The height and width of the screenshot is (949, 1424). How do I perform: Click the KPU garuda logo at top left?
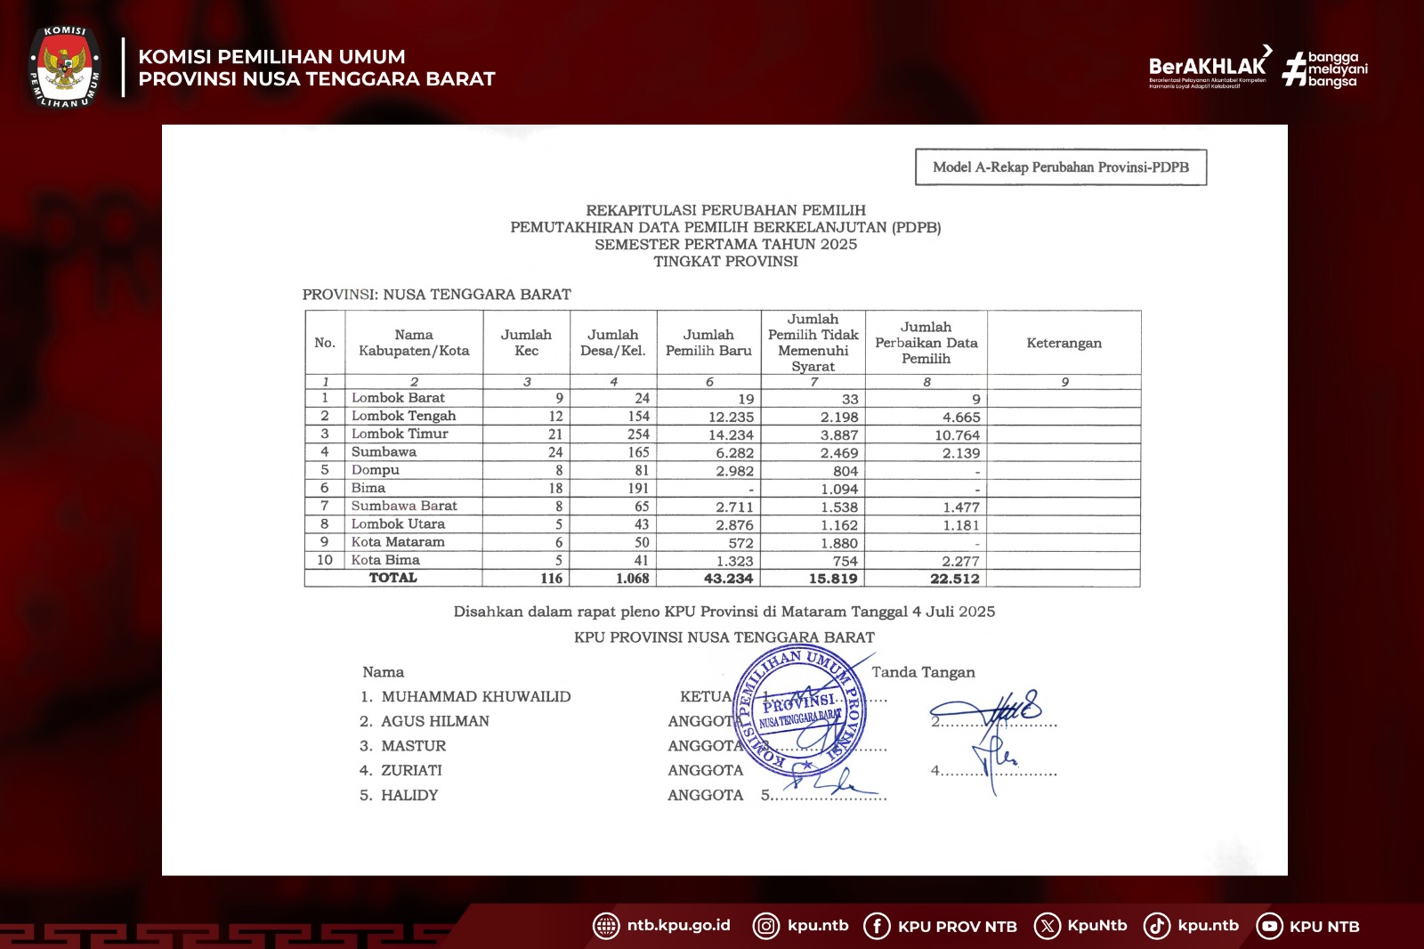(64, 67)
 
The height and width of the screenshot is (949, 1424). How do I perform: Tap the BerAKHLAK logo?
(1208, 67)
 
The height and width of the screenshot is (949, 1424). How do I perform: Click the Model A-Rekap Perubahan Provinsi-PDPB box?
(1060, 167)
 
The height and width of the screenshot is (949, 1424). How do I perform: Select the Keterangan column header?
(1064, 343)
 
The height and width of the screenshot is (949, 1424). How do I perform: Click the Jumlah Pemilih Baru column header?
(708, 343)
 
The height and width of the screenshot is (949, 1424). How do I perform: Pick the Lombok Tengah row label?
(403, 416)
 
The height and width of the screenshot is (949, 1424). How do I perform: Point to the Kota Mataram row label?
(398, 542)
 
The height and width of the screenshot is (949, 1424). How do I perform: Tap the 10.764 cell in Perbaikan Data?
(957, 435)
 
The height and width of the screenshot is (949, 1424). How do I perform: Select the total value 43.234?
(728, 579)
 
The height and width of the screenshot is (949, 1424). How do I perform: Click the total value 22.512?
(954, 579)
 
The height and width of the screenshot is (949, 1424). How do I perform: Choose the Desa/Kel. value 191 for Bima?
(638, 489)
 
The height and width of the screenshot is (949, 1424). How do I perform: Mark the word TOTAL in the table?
(392, 578)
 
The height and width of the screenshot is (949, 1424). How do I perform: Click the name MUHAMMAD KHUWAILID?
(476, 697)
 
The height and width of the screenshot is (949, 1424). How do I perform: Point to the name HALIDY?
(409, 796)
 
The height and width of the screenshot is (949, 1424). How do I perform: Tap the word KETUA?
(705, 697)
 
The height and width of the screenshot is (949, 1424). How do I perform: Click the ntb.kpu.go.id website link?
(678, 926)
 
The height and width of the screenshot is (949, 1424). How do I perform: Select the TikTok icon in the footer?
(1156, 926)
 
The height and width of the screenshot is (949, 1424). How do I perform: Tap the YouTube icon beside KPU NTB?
(1269, 927)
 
